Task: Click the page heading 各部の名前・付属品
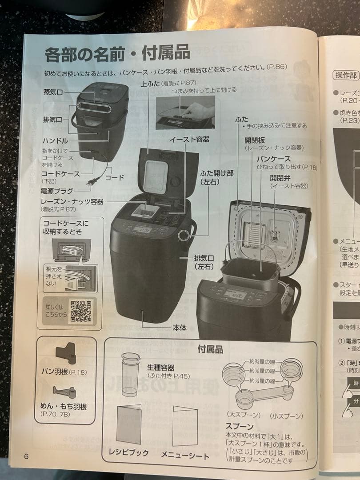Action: (x=117, y=53)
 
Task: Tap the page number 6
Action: (x=27, y=456)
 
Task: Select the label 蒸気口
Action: (x=53, y=92)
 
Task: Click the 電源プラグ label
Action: (x=57, y=191)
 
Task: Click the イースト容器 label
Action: (x=189, y=140)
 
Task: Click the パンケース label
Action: (x=274, y=159)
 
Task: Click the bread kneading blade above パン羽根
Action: (x=65, y=354)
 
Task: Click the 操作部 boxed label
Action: (x=346, y=75)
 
